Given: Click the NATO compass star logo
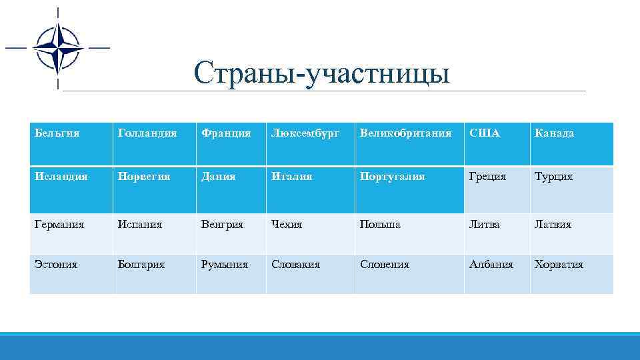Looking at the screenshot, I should [x=57, y=48].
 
